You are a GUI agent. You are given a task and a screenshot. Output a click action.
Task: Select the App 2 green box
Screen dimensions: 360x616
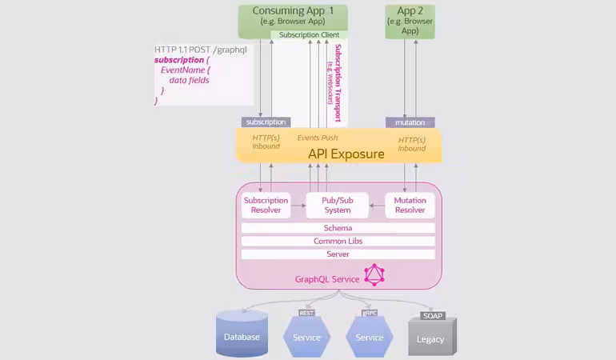[x=410, y=21]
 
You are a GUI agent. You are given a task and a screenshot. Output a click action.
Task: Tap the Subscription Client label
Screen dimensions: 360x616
[x=309, y=35]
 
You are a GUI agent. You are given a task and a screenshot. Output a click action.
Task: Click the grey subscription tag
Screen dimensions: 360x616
[x=266, y=122]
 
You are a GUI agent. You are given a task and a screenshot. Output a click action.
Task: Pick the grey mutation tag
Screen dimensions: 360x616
[x=410, y=122]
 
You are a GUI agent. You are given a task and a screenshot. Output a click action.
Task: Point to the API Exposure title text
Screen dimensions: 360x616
[x=346, y=154]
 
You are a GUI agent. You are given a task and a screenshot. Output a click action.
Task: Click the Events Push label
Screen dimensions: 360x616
[x=318, y=138]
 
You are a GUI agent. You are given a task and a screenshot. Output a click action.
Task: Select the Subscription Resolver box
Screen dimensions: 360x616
[x=266, y=206]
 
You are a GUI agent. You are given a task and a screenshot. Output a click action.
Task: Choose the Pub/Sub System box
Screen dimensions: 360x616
[x=338, y=206]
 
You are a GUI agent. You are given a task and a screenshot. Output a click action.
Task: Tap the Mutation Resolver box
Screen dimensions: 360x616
[x=410, y=206]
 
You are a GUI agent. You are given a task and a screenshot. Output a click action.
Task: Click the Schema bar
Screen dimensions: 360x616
[x=338, y=228]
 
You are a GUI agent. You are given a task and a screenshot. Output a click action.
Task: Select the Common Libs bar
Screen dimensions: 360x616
[x=338, y=241]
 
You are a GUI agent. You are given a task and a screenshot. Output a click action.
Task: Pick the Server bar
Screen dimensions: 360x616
[x=338, y=254]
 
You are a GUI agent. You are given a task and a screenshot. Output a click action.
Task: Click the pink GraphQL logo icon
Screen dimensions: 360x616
[x=374, y=275]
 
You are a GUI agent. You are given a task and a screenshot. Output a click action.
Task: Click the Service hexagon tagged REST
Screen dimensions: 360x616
[x=306, y=336]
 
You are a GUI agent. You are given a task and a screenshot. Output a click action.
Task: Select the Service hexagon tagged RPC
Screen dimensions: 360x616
[x=369, y=336]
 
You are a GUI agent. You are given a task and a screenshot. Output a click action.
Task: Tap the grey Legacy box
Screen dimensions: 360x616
[x=431, y=338]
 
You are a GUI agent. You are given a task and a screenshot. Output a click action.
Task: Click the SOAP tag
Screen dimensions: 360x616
[x=433, y=316]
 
